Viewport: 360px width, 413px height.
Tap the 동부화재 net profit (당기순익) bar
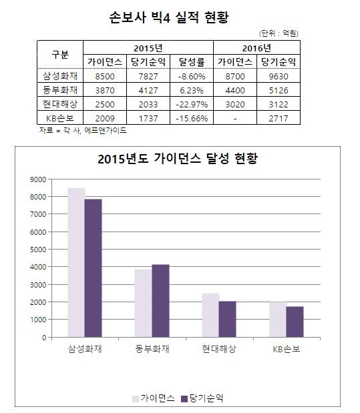coord(160,301)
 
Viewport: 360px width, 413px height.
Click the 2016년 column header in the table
coord(256,47)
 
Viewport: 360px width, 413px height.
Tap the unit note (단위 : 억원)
coord(279,32)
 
